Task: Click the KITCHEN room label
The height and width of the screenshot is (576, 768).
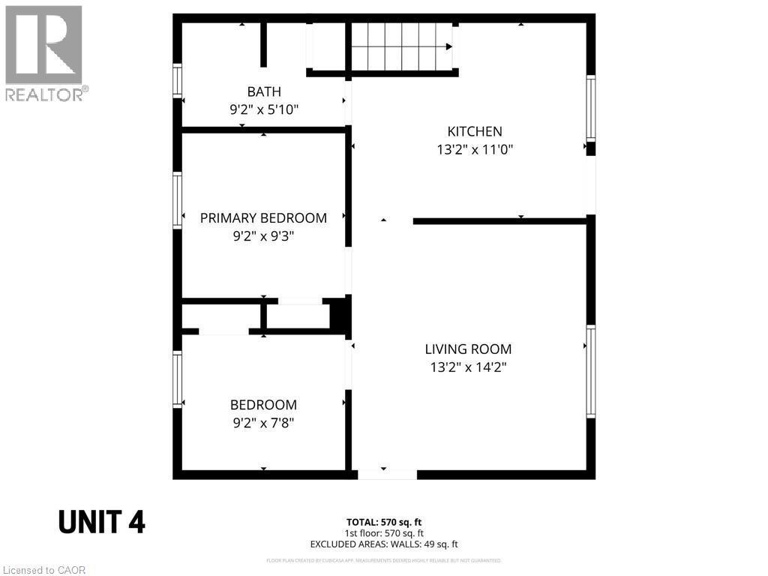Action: pyautogui.click(x=475, y=131)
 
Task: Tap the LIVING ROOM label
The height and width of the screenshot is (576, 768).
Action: pyautogui.click(x=468, y=349)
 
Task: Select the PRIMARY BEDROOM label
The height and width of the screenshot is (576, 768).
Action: pyautogui.click(x=263, y=218)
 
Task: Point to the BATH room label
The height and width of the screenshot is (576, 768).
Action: pyautogui.click(x=264, y=91)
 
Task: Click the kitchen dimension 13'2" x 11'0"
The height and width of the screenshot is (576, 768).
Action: pyautogui.click(x=475, y=149)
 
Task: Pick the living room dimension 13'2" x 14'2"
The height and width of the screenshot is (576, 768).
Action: pyautogui.click(x=468, y=367)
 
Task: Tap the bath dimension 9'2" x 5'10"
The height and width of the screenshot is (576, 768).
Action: pyautogui.click(x=264, y=109)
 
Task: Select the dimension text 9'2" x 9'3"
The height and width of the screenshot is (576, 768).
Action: pyautogui.click(x=263, y=236)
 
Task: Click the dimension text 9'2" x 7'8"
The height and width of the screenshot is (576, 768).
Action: pyautogui.click(x=263, y=423)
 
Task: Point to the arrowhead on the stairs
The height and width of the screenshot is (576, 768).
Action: pyautogui.click(x=448, y=46)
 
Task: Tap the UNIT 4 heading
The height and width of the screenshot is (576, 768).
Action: pyautogui.click(x=102, y=522)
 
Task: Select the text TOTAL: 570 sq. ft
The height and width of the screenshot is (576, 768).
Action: pyautogui.click(x=388, y=522)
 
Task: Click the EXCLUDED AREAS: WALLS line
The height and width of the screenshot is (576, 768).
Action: pyautogui.click(x=384, y=544)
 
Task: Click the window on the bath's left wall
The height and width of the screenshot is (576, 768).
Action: pyautogui.click(x=178, y=80)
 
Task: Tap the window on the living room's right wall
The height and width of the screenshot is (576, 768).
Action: pyautogui.click(x=591, y=371)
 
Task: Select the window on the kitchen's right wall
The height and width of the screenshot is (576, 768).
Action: pyautogui.click(x=591, y=109)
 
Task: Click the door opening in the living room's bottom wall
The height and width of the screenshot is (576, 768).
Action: pyautogui.click(x=387, y=474)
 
